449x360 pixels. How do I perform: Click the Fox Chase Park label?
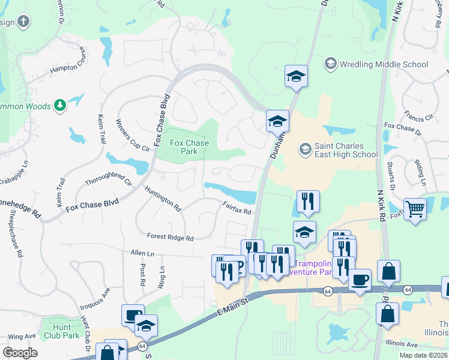[x=189, y=147]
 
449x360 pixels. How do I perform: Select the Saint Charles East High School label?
[x=346, y=150]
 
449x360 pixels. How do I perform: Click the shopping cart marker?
[x=415, y=209]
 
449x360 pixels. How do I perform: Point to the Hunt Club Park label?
[x=62, y=331]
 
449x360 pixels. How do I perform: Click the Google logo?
[x=20, y=353]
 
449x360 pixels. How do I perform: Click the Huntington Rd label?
[x=163, y=198]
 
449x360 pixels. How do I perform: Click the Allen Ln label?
[x=142, y=254]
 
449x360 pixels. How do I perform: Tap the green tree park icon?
[x=59, y=106]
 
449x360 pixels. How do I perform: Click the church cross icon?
[x=23, y=22]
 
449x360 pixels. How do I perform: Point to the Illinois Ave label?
[x=402, y=345]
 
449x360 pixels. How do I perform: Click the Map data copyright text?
[x=423, y=355]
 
